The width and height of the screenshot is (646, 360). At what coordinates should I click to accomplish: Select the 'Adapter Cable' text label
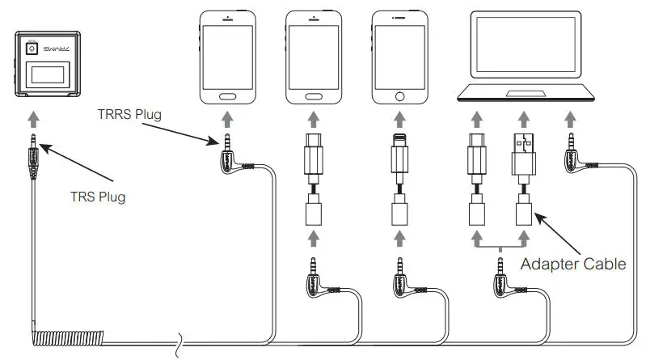[x=573, y=263]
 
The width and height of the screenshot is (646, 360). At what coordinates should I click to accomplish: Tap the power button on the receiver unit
[x=32, y=49]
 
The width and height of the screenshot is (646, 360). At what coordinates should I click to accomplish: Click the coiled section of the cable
[x=97, y=336]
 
